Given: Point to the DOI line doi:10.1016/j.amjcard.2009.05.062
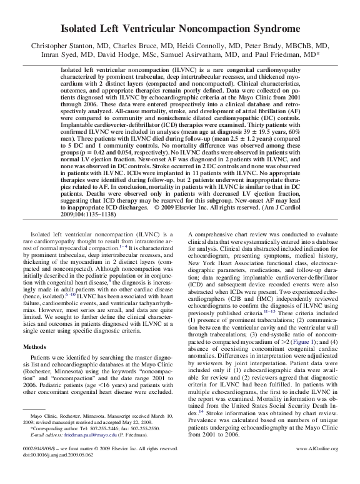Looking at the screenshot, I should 59,472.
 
